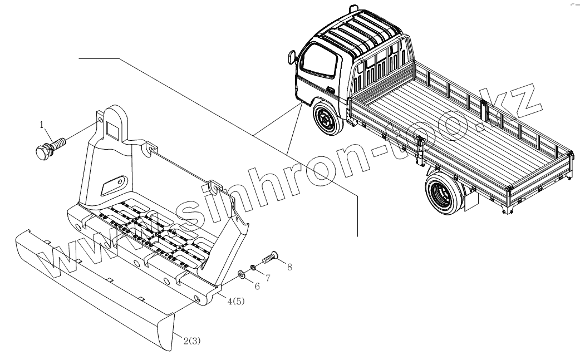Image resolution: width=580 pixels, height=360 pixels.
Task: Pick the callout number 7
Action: pyautogui.click(x=267, y=278)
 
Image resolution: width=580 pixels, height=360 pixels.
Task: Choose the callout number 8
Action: pyautogui.click(x=289, y=267)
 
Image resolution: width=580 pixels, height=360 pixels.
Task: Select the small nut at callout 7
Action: pyautogui.click(x=252, y=268)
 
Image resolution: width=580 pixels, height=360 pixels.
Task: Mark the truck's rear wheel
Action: pyautogui.click(x=442, y=193)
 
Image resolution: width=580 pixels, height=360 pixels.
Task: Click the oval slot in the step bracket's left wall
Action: pyautogui.click(x=114, y=184)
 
